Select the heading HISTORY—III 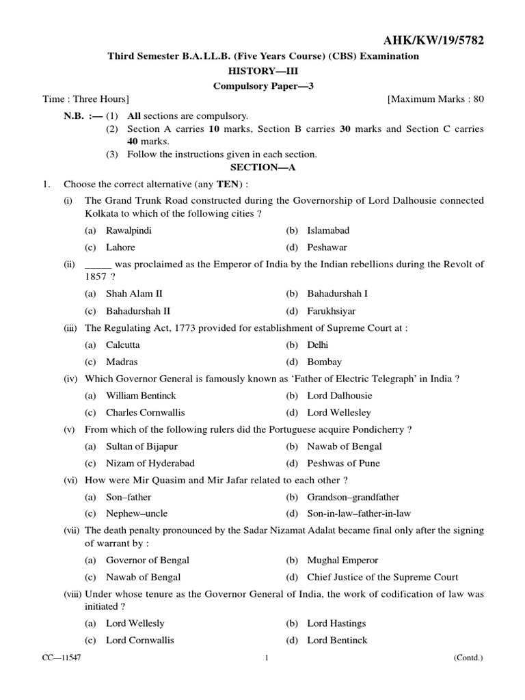[263, 71]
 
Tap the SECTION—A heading [263, 167]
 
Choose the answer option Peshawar [327, 247]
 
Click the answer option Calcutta [122, 345]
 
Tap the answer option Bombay [324, 362]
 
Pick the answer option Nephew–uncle [137, 513]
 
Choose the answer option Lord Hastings [336, 623]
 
